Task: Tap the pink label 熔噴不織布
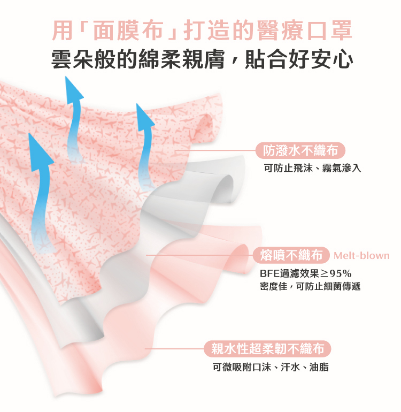(x=290, y=255)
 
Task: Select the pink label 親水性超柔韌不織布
(x=267, y=349)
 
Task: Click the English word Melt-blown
(x=361, y=255)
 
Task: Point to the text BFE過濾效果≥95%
(x=306, y=274)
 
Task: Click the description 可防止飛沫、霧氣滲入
(x=313, y=169)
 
